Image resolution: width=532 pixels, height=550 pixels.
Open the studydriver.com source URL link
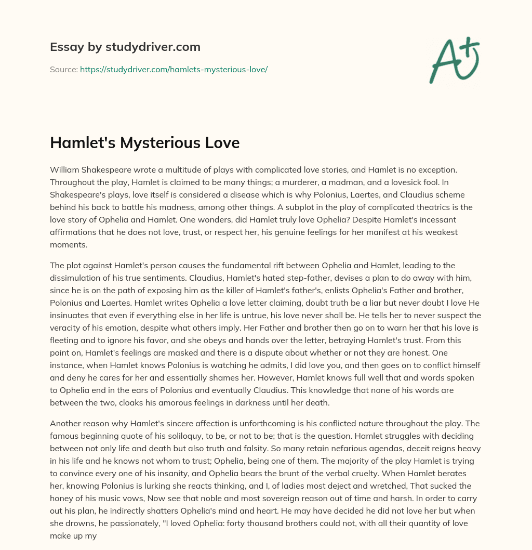174,69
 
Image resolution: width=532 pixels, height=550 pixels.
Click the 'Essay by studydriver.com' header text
125,47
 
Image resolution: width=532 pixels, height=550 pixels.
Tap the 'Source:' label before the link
63,69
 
